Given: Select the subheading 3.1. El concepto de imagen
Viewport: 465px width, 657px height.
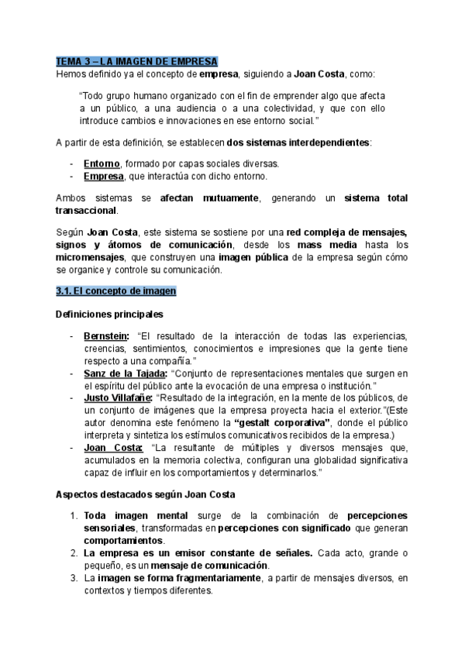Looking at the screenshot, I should coord(115,291).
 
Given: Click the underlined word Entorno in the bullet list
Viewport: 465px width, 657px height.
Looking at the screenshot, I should coord(102,163).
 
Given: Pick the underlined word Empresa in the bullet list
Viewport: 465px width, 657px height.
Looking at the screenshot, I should coord(103,176).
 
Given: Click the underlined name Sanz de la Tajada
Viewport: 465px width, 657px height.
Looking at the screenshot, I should coord(130,373).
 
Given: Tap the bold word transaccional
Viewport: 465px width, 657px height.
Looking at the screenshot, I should coord(86,211).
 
